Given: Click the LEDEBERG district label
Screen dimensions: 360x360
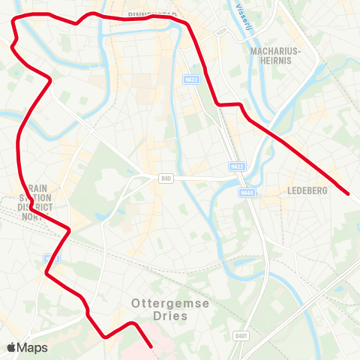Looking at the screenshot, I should pyautogui.click(x=307, y=191).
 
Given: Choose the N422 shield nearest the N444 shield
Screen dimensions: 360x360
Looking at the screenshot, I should pyautogui.click(x=238, y=166).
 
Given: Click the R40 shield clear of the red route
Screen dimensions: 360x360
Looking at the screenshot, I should pyautogui.click(x=166, y=178).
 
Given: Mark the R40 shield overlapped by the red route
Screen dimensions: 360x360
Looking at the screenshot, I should pyautogui.click(x=50, y=259).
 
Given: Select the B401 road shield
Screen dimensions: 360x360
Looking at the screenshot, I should pyautogui.click(x=240, y=336).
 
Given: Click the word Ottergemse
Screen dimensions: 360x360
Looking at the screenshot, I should pyautogui.click(x=170, y=304).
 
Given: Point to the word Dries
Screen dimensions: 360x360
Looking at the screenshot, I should pyautogui.click(x=170, y=317).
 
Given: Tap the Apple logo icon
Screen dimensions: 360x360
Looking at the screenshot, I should pyautogui.click(x=11, y=347).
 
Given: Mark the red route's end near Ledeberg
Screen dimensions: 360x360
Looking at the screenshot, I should pyautogui.click(x=349, y=194).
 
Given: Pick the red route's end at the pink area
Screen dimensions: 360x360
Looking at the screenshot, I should pyautogui.click(x=152, y=346).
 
